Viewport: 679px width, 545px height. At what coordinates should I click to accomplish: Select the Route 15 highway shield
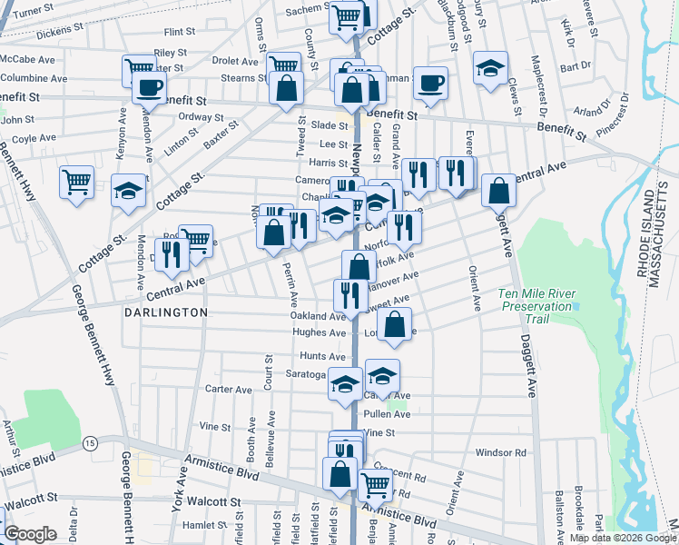[89, 442]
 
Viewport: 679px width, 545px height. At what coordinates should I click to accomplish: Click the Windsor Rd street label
[500, 452]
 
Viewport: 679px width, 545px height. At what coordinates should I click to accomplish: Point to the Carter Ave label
[228, 389]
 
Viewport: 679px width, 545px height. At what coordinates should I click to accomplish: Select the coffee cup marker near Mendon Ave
[148, 88]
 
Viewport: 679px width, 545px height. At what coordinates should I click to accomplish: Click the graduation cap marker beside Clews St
[490, 67]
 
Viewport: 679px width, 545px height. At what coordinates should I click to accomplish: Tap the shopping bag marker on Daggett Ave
[498, 191]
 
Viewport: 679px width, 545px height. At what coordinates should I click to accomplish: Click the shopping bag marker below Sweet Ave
[395, 324]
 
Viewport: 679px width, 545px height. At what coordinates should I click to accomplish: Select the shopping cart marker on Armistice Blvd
[375, 485]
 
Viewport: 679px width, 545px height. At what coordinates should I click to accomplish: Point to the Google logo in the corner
[30, 534]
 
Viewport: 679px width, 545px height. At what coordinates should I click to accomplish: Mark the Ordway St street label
[201, 117]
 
